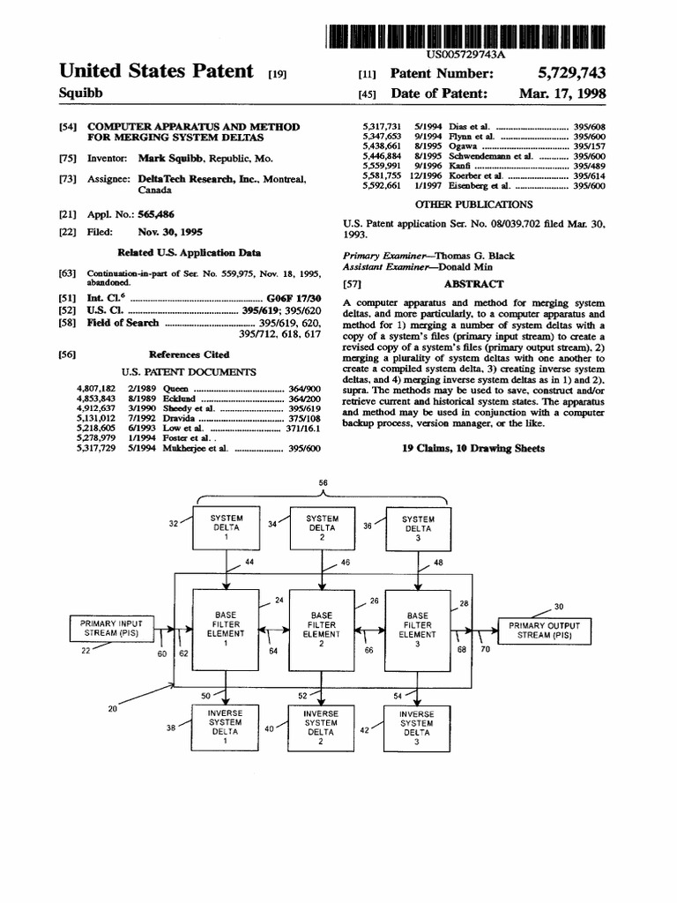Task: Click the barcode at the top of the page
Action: [466, 36]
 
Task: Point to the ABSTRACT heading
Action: [473, 284]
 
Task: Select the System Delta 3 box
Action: [417, 527]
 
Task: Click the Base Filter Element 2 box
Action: [321, 627]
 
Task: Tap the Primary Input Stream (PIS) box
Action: [111, 628]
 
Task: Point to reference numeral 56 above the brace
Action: [322, 483]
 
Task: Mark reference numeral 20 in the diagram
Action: [113, 708]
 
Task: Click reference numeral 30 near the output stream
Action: [559, 607]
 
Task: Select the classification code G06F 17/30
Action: [294, 298]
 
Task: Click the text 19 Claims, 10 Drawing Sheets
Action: [473, 448]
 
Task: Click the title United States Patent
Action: [156, 71]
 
